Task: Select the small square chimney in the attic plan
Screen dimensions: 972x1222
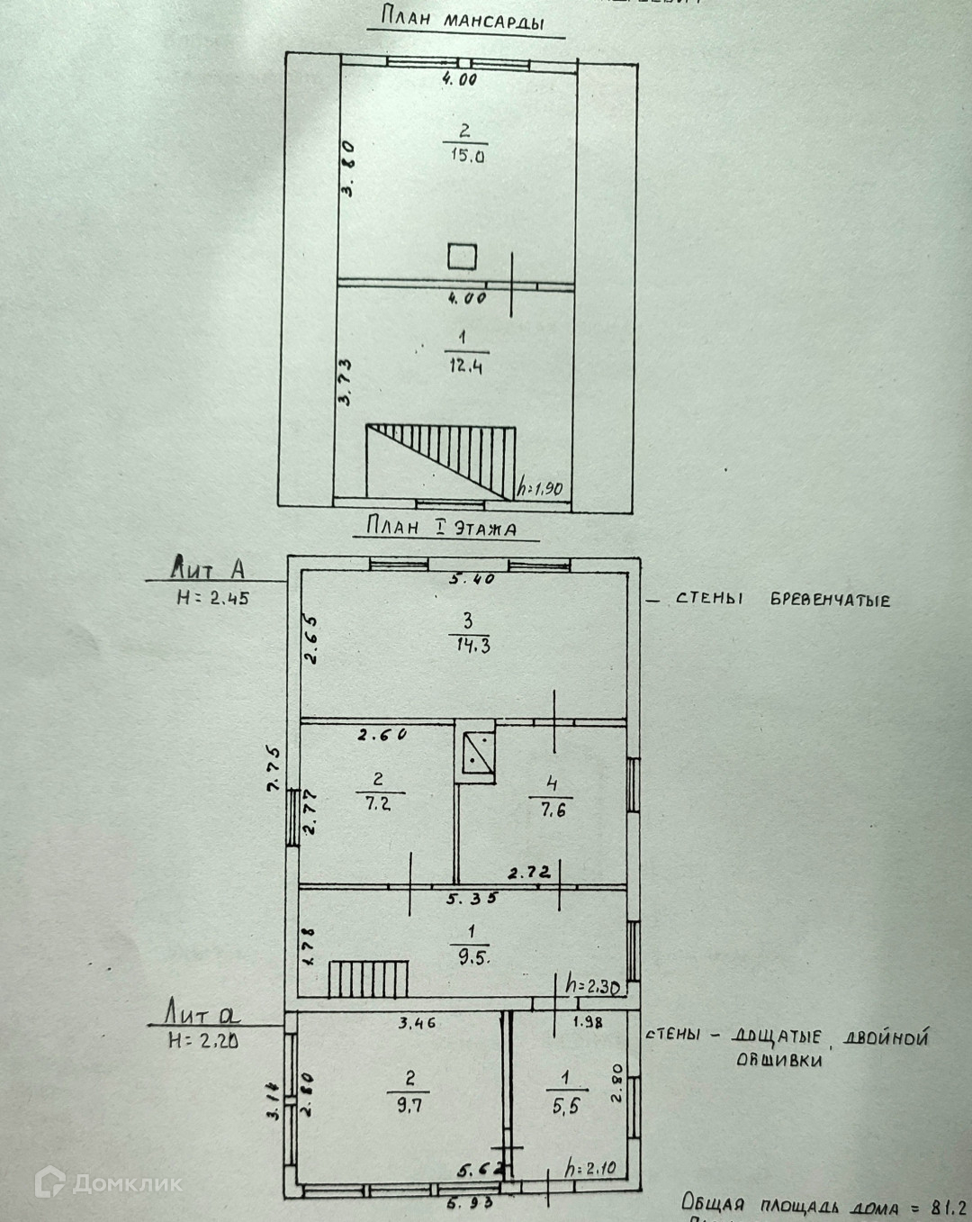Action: click(462, 256)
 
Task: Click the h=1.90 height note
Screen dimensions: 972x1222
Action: click(540, 489)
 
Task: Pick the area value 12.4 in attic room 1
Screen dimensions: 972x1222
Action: click(463, 367)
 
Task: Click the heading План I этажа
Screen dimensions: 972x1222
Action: click(441, 527)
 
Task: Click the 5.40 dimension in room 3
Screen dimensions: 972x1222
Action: click(472, 579)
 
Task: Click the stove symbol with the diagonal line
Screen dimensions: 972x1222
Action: click(476, 754)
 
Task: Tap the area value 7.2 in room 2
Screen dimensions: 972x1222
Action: click(378, 803)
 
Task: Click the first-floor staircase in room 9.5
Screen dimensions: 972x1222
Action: click(368, 978)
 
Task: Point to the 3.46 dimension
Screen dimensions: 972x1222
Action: click(418, 1023)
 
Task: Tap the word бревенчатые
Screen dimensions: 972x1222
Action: click(830, 600)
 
